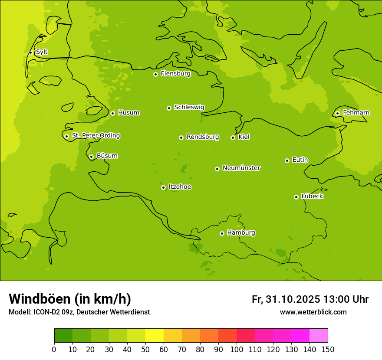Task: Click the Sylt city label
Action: (x=42, y=52)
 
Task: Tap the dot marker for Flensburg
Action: (x=155, y=74)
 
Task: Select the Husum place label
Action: (x=128, y=113)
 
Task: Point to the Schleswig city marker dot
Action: (x=169, y=108)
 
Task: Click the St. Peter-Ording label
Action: (x=95, y=136)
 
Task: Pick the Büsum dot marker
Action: (x=91, y=157)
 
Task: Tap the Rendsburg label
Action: (x=202, y=137)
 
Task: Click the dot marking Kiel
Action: (x=233, y=137)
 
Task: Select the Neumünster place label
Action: (x=241, y=168)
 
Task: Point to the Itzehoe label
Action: (x=179, y=187)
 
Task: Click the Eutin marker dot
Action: (x=287, y=160)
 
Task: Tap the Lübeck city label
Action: (x=312, y=196)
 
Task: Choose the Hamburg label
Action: (x=241, y=233)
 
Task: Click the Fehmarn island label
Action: (x=356, y=113)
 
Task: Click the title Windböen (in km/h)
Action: (x=70, y=299)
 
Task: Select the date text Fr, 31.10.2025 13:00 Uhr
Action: (x=310, y=299)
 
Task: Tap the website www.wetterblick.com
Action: (x=313, y=312)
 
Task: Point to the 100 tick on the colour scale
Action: (x=237, y=349)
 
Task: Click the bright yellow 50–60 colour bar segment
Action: (x=154, y=336)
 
